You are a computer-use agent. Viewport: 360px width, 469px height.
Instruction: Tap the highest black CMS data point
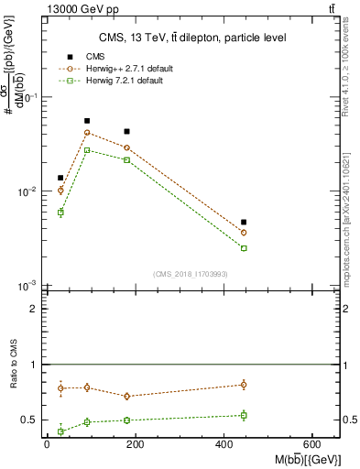pyautogui.click(x=87, y=121)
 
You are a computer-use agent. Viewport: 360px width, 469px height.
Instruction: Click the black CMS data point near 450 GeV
pyautogui.click(x=244, y=222)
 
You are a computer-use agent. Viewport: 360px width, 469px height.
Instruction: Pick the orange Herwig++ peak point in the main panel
pyautogui.click(x=87, y=133)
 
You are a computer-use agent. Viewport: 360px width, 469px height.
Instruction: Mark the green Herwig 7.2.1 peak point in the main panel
pyautogui.click(x=87, y=150)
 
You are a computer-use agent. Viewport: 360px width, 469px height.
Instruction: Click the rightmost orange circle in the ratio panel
pyautogui.click(x=244, y=385)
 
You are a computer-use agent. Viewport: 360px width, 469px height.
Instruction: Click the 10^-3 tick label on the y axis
pyautogui.click(x=26, y=287)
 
